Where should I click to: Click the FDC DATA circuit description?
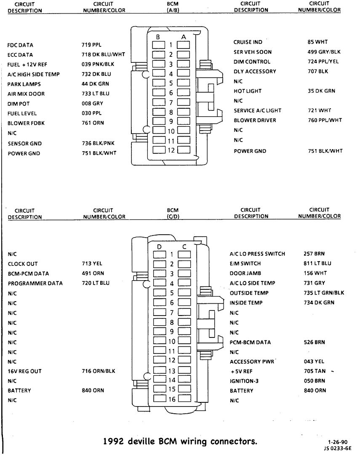point(20,45)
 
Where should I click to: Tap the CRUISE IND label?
point(248,42)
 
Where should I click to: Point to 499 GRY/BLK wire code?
point(324,52)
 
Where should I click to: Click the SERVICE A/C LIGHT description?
point(257,111)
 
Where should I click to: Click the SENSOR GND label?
point(24,144)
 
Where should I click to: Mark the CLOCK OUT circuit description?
point(23,264)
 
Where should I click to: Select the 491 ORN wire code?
point(93,274)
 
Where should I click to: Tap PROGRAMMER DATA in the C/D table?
point(35,284)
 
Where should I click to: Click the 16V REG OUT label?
point(24,372)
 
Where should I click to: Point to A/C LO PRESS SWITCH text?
point(257,254)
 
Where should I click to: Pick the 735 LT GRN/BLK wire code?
point(324,293)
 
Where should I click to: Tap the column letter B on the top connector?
point(157,37)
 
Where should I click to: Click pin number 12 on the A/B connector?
point(171,150)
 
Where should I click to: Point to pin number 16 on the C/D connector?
point(171,399)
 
